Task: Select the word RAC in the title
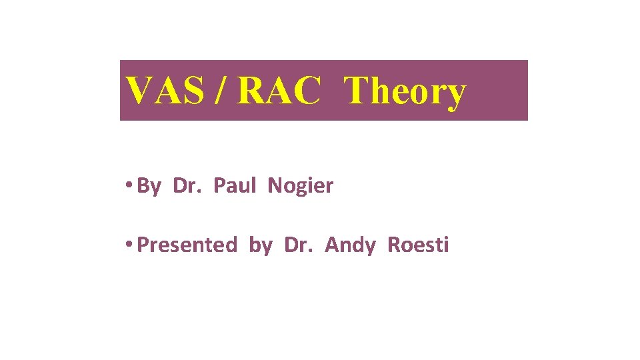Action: coord(278,91)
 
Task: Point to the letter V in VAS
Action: coord(141,91)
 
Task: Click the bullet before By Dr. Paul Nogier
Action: coord(127,186)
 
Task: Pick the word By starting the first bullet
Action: coord(148,186)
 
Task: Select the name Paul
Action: coord(234,185)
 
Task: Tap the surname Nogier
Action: coord(300,186)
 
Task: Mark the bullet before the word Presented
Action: coord(127,245)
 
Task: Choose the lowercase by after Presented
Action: coord(260,246)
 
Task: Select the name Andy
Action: coord(349,246)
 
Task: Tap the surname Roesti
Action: coord(418,245)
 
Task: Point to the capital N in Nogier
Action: coord(274,185)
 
